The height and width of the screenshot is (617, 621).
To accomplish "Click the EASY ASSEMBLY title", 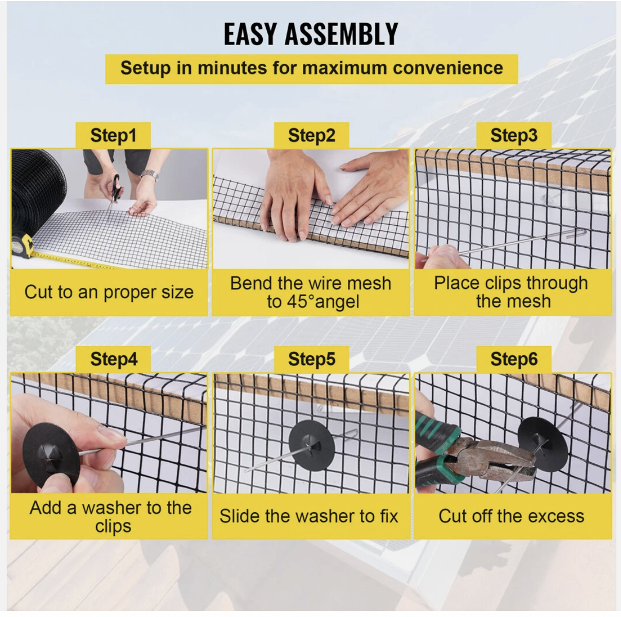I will (x=310, y=34).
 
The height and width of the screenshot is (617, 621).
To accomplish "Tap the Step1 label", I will (x=113, y=136).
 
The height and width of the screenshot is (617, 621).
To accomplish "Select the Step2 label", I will (x=312, y=136).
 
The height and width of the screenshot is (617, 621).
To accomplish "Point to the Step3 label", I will (x=514, y=136).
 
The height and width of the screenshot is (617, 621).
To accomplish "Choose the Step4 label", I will (x=114, y=359).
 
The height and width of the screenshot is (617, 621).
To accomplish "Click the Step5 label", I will (x=312, y=359).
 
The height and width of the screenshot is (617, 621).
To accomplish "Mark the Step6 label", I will (x=514, y=359).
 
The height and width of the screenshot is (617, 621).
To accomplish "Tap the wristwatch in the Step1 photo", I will (x=150, y=175).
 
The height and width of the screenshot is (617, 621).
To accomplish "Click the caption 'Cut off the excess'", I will (x=512, y=516).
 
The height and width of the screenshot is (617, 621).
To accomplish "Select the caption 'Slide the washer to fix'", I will (x=308, y=516).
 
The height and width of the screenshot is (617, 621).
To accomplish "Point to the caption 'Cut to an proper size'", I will (x=109, y=293).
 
